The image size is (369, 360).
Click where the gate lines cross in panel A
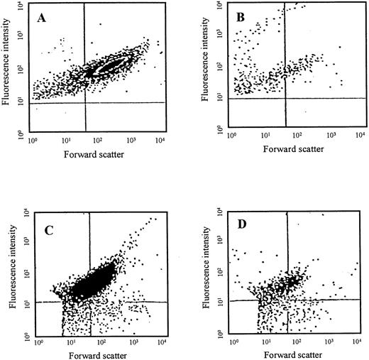85,102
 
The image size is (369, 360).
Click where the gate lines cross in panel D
287,300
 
